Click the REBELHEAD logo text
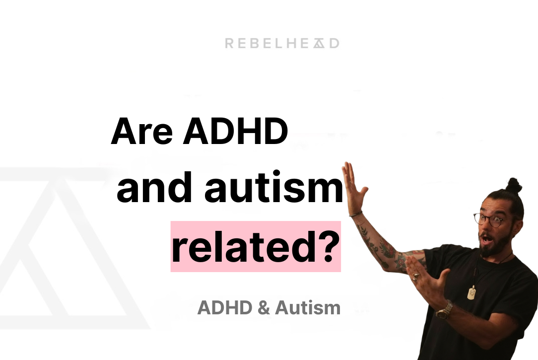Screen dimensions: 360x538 click(x=282, y=44)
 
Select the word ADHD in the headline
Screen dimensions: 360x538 click(x=236, y=132)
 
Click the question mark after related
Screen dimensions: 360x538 click(x=327, y=247)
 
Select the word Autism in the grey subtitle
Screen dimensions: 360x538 click(x=308, y=308)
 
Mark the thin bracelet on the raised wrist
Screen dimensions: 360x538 click(x=355, y=214)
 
